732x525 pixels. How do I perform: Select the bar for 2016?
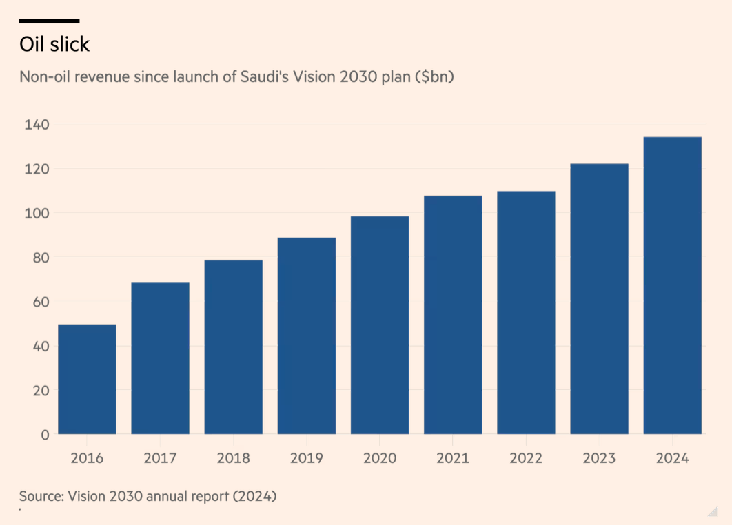click(x=87, y=379)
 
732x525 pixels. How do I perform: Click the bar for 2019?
click(x=306, y=336)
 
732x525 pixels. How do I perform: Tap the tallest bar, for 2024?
click(x=672, y=285)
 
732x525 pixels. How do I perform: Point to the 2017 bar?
click(x=160, y=358)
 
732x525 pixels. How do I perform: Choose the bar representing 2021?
click(x=453, y=315)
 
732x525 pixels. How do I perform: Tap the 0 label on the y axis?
click(x=45, y=434)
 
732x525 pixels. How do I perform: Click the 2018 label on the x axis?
click(x=233, y=458)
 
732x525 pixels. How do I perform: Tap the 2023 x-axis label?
click(x=599, y=458)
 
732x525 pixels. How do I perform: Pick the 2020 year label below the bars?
click(x=379, y=458)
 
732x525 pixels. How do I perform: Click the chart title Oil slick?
click(x=54, y=44)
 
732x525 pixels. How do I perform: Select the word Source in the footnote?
click(x=40, y=495)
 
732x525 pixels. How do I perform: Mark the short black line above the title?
click(x=49, y=21)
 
